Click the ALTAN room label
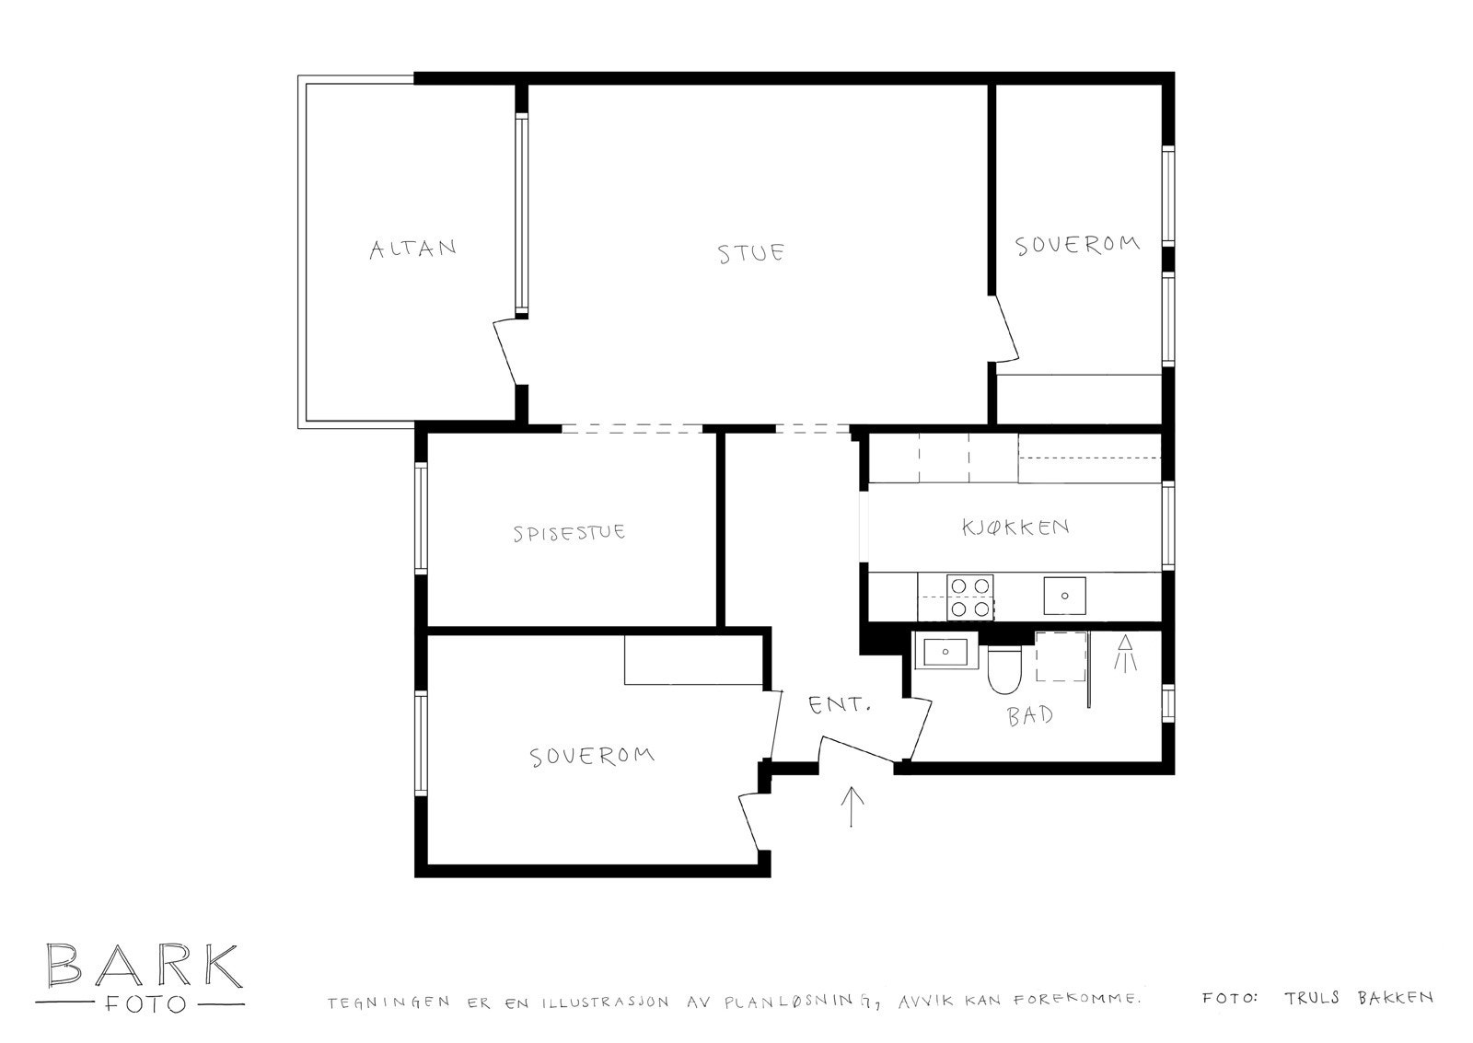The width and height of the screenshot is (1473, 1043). click(x=413, y=249)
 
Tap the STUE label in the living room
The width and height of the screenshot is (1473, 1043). click(x=751, y=253)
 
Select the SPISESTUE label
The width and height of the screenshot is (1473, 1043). click(x=570, y=532)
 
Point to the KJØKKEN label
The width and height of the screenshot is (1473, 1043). click(x=1015, y=527)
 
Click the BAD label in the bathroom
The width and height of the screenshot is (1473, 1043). click(x=1030, y=716)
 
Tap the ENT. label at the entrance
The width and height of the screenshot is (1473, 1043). click(x=840, y=706)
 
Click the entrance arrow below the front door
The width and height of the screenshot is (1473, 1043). click(x=852, y=806)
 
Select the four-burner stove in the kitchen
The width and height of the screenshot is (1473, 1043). click(x=970, y=597)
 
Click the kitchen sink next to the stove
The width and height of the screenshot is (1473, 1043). click(x=1064, y=596)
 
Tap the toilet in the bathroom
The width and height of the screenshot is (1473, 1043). click(x=1003, y=669)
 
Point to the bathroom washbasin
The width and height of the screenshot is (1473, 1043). click(x=945, y=652)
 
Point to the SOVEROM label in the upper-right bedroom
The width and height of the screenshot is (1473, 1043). click(x=1077, y=245)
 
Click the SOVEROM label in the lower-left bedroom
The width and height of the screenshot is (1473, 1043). click(x=592, y=757)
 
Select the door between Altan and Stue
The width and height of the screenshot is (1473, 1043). click(x=510, y=352)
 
